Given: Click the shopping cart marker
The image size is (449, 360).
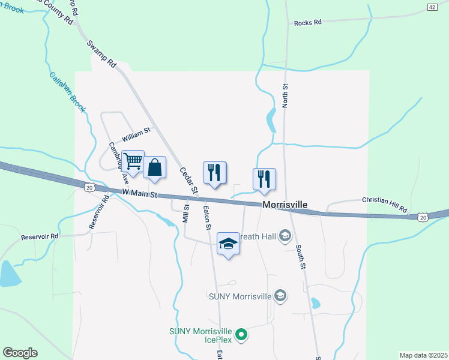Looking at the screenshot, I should coord(133,161).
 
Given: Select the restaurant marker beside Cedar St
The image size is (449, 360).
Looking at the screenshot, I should coord(214,172).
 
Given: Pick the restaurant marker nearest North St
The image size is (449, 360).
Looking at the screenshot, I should coord(264,179).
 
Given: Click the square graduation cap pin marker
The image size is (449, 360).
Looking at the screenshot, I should coord(228,243).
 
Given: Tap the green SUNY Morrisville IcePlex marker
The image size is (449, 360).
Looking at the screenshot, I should coord(241,335).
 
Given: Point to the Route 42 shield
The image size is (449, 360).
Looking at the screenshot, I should coord(432,7).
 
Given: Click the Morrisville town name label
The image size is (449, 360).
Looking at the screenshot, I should coord(285,205).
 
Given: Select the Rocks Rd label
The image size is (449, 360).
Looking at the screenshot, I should coord(308,23).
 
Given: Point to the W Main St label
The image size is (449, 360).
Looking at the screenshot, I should coord(139,194).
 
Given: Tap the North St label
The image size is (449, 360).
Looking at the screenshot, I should coord(286,95).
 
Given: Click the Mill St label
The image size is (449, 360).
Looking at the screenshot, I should coord(186,214).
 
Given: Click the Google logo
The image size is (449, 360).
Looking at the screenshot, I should coord(20,353).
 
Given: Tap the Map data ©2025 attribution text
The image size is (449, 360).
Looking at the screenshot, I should coord(423,355).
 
